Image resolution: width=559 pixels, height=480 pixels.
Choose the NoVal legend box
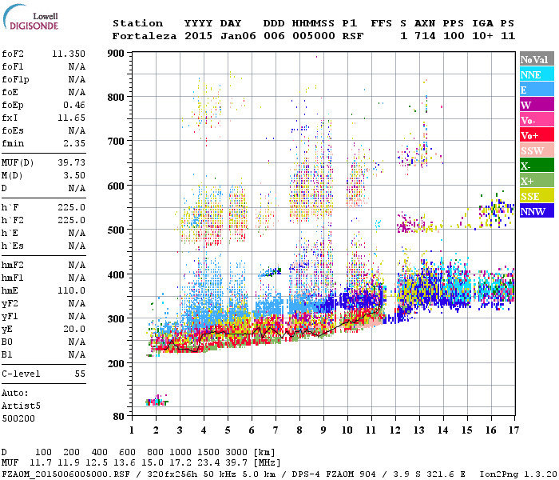(533, 59)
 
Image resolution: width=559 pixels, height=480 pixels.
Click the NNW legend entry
(533, 211)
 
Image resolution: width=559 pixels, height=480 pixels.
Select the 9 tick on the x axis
(323, 430)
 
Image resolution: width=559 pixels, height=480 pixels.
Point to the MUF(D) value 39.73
(71, 162)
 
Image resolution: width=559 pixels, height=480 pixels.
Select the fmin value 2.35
(73, 143)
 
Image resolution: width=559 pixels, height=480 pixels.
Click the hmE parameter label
(10, 290)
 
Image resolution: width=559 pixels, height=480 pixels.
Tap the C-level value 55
(79, 374)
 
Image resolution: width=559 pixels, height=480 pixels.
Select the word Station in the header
(137, 23)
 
